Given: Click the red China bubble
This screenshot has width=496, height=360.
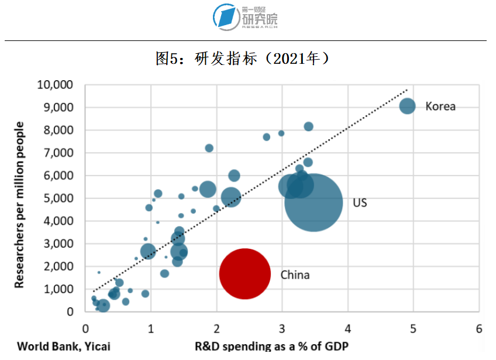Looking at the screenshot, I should coord(244,274).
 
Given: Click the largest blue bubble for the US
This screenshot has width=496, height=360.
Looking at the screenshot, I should coord(314,203).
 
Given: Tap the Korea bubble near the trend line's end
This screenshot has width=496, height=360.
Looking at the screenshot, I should coord(407,106).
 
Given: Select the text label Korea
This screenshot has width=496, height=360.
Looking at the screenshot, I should coord(440,107).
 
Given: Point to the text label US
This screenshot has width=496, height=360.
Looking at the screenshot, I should coord(360,203).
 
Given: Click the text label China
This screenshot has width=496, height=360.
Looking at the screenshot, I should coord(295,275).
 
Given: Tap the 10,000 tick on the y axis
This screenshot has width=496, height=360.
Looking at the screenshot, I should coord(55,85).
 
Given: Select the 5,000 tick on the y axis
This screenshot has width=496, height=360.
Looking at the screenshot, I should coord(58,198).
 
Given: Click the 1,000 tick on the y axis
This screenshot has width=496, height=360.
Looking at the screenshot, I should coord(58,289).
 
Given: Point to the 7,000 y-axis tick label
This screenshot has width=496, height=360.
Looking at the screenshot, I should coord(58,153).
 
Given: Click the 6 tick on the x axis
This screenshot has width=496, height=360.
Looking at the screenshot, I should coord(479,328).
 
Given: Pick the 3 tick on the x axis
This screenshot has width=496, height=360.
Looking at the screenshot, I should coord(283,328).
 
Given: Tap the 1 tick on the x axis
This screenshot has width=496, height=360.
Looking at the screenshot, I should coord(151,328).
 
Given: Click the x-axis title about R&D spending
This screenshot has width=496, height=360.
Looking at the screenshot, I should coord(271,346).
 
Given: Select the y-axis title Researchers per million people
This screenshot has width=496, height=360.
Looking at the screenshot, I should coord(20,204).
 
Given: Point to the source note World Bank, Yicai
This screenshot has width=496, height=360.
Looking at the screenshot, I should coord(63,346).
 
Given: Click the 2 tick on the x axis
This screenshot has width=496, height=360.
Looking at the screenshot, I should coord(217,328).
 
